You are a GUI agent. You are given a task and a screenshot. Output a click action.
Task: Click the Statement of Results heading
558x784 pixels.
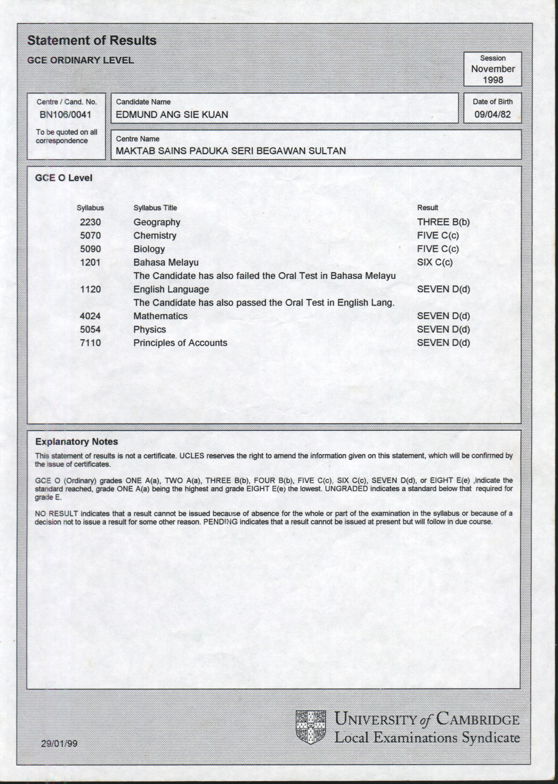[x=92, y=41]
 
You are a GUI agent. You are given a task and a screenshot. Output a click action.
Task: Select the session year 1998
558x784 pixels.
[x=493, y=80]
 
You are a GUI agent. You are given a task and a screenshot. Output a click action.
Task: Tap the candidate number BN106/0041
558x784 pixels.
[x=65, y=115]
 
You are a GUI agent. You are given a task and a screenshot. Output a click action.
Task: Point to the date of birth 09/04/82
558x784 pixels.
[x=492, y=114]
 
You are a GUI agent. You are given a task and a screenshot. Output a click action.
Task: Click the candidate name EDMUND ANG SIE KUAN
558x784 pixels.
[x=172, y=115]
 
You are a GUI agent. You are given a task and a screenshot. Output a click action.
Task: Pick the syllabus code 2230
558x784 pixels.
[x=90, y=222]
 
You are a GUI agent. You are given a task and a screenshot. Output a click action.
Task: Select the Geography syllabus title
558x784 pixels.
[x=157, y=222]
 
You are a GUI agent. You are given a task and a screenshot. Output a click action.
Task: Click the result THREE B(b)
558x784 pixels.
[x=443, y=222]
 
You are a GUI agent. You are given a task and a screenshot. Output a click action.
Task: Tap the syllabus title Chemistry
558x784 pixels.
[x=155, y=236]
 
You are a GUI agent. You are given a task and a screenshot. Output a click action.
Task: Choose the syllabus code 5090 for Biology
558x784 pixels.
[x=90, y=249]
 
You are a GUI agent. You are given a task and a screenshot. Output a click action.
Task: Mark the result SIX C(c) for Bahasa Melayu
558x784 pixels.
[x=435, y=263]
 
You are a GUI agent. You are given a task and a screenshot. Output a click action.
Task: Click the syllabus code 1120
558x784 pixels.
[x=90, y=289]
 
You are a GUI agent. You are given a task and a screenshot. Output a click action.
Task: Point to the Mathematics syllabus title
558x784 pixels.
[x=160, y=316]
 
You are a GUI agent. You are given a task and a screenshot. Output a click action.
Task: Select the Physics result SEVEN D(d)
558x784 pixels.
[x=443, y=329]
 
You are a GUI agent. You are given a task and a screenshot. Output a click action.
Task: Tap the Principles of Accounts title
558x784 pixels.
[x=180, y=343]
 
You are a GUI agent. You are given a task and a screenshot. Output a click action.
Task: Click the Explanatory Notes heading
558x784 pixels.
[x=77, y=442]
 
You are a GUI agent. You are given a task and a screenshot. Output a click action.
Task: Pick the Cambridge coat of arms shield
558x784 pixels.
[x=311, y=727]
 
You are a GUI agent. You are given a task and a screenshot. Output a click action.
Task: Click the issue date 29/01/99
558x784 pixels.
[x=59, y=743]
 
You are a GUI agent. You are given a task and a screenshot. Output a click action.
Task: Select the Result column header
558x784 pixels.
[x=428, y=207]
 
